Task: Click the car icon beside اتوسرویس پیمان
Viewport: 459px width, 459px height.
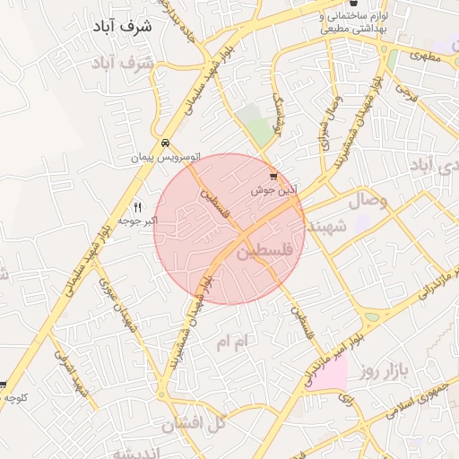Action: coord(165,143)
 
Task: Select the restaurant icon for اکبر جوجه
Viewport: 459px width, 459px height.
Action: coord(137,207)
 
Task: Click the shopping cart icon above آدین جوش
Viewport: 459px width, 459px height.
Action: coord(273,178)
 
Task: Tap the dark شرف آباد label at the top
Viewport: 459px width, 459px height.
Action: coord(123,27)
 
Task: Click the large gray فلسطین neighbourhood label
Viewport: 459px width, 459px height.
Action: coord(269,254)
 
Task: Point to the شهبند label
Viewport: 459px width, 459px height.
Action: coord(326,227)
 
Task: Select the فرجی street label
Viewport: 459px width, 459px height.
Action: coord(405,90)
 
